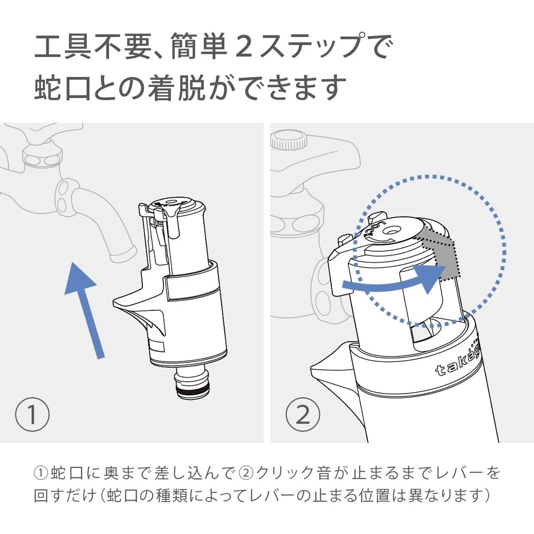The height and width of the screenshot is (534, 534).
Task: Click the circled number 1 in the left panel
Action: click(32, 415)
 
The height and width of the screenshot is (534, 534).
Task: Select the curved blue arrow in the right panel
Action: click(396, 282)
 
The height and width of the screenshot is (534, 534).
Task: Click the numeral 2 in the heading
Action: click(244, 48)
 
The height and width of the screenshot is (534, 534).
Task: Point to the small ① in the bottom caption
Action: click(41, 474)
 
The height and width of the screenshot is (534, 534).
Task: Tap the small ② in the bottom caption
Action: click(246, 474)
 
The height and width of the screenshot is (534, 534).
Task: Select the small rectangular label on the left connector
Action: click(155, 345)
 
